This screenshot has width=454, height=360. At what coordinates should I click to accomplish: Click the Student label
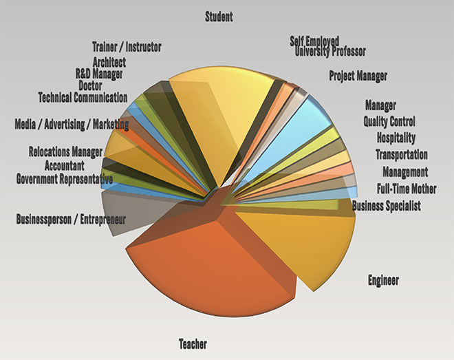click(x=219, y=17)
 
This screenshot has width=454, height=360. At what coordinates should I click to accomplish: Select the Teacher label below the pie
click(x=193, y=344)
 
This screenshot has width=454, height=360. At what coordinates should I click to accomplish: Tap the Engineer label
click(x=383, y=280)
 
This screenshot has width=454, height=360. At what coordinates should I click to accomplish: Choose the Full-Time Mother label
click(x=407, y=189)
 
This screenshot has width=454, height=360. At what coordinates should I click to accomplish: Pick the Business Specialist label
click(x=386, y=206)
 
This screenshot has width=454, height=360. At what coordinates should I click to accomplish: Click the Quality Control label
click(x=389, y=122)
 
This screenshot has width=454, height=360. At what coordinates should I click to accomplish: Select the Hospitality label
click(x=391, y=138)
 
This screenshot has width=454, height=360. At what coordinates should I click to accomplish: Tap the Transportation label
click(x=401, y=155)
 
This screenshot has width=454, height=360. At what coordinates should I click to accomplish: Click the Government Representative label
click(x=64, y=180)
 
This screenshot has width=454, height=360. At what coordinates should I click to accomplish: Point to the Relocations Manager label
click(x=65, y=151)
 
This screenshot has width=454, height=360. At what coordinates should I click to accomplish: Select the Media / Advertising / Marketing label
click(x=72, y=125)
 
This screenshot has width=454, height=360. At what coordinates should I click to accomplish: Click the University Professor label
click(x=330, y=52)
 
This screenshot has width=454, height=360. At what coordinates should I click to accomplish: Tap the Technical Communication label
click(x=83, y=97)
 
